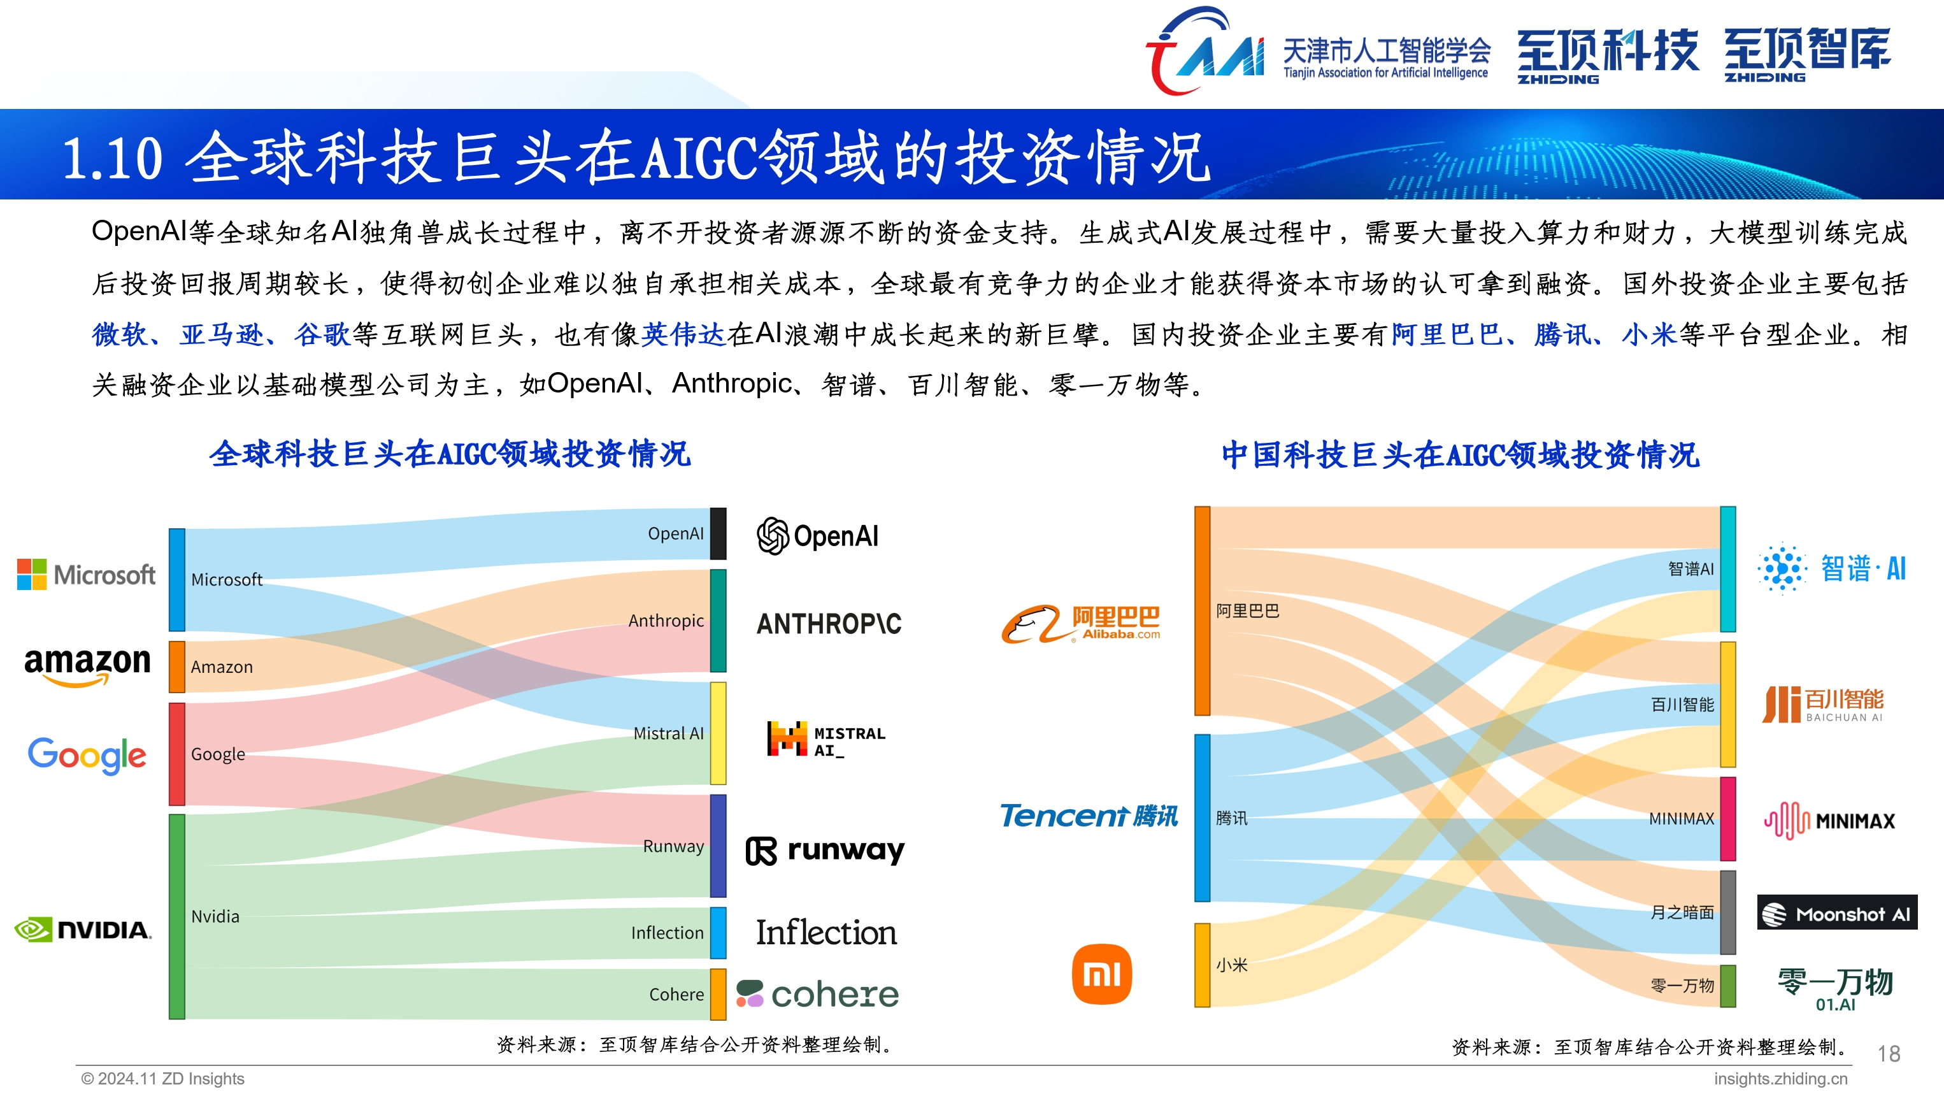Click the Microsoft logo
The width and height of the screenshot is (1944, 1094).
coord(86,575)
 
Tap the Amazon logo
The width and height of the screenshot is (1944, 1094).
coord(87,665)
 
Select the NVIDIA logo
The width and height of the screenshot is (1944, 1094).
coord(83,930)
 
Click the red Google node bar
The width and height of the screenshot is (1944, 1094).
coord(176,754)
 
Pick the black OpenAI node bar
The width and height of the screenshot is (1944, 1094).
coord(718,533)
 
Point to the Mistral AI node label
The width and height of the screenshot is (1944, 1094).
coord(668,733)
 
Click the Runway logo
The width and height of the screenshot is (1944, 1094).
coord(825,850)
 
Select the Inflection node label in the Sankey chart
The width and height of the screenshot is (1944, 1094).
coord(667,932)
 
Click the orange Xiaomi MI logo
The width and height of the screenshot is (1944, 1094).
coord(1101,974)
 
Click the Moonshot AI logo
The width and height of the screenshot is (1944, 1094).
coord(1836,914)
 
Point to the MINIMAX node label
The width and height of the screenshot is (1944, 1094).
coord(1681,818)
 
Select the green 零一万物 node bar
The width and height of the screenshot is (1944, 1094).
coord(1727,985)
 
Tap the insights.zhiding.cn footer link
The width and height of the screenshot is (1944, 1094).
coord(1780,1078)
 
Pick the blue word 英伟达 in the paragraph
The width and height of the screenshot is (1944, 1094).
coord(683,334)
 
